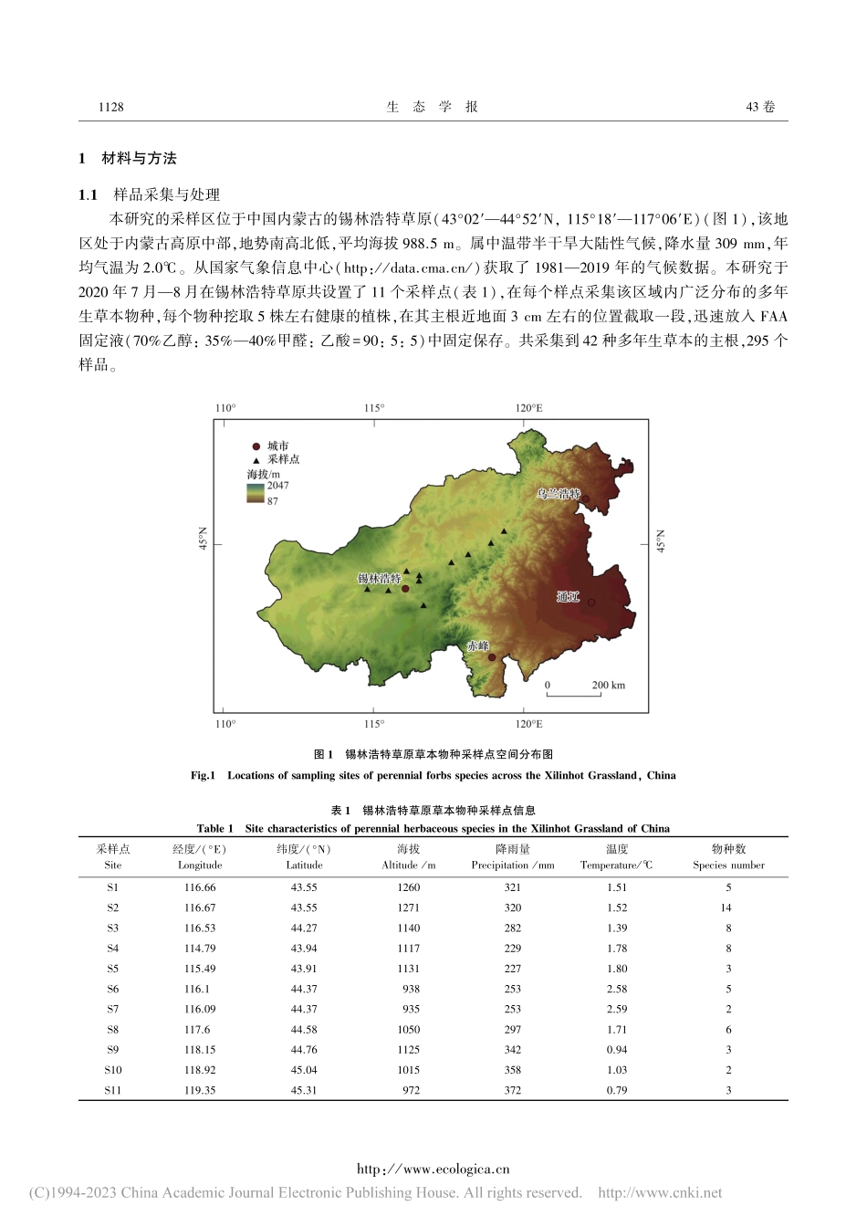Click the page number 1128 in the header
coord(110,107)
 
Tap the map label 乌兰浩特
coord(558,494)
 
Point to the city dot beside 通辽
coord(590,603)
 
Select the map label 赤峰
coord(477,645)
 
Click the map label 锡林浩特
coord(379,579)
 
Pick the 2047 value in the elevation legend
coord(277,486)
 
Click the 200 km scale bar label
coord(608,685)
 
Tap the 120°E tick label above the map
coord(528,408)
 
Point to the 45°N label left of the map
coord(204,540)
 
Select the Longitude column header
coord(200,865)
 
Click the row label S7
coord(112,1009)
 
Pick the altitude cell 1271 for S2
coord(408,907)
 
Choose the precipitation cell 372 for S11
coord(513,1090)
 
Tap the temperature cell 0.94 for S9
coord(617,1050)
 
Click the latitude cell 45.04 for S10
coord(304,1070)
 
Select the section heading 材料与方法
coord(139,159)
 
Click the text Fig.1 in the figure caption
coord(203,775)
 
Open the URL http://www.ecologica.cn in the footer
coord(433,1169)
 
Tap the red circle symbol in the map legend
coord(256,446)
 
